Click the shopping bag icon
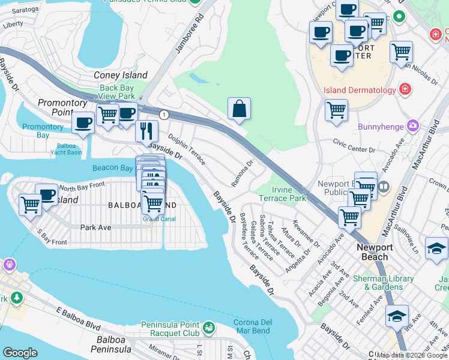(239, 109)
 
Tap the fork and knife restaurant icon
(146, 130)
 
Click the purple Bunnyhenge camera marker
(412, 126)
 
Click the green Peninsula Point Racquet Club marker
(208, 328)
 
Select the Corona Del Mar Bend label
(252, 326)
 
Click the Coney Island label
(121, 76)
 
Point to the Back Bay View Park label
(117, 92)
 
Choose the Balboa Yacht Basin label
(69, 149)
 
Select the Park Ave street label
(96, 227)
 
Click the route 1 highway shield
(163, 115)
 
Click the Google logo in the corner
(20, 353)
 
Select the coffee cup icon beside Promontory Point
(83, 122)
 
